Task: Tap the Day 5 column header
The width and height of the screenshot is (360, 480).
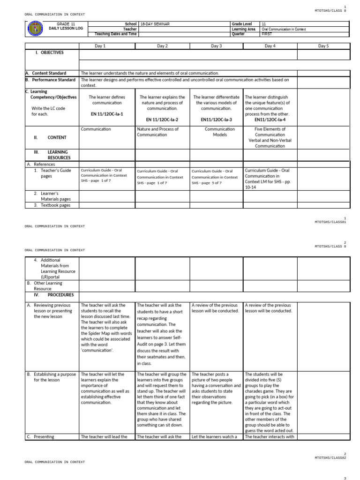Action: point(323,46)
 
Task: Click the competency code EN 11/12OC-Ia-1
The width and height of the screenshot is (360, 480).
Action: point(107,114)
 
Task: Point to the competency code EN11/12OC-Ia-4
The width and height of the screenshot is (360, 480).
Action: point(270,120)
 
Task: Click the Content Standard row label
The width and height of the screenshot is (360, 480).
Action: point(49,73)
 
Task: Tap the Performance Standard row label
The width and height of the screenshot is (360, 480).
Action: point(50,80)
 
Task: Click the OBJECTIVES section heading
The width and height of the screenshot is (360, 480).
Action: point(50,52)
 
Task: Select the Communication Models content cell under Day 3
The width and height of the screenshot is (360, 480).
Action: point(216,132)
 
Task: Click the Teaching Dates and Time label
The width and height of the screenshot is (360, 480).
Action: point(116,34)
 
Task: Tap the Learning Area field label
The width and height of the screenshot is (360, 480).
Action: point(243,29)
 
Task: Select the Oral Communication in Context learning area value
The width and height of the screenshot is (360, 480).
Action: point(283,29)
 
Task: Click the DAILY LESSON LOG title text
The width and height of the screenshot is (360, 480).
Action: point(66,29)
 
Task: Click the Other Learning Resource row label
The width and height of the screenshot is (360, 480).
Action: point(48,286)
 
